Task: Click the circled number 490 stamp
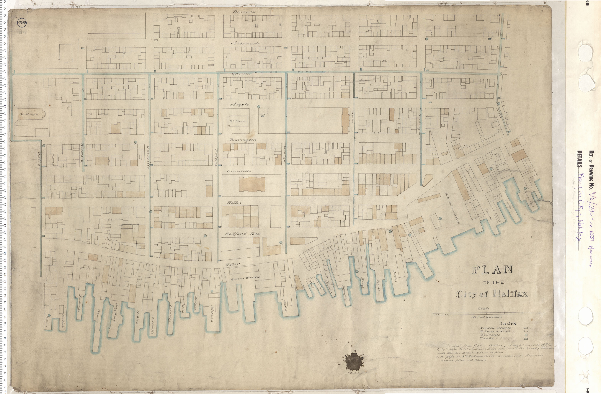pyautogui.click(x=22, y=23)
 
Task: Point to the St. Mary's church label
pyautogui.click(x=29, y=114)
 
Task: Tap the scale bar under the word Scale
pyautogui.click(x=486, y=313)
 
